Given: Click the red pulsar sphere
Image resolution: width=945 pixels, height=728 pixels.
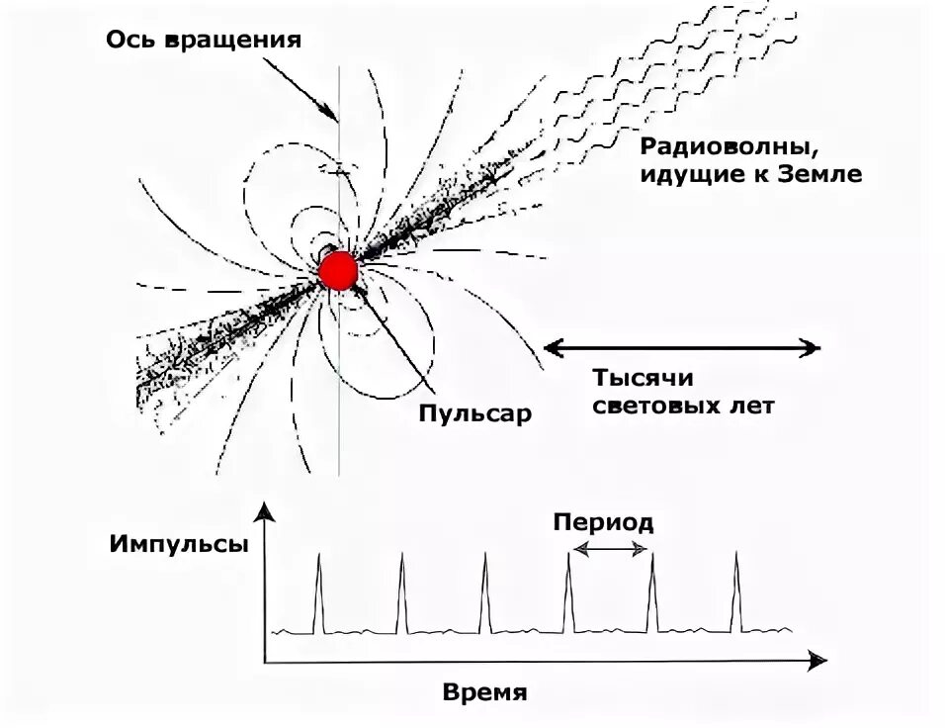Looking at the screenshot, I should coord(338,269).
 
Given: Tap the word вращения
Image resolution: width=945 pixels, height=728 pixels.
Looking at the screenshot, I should coord(234,41).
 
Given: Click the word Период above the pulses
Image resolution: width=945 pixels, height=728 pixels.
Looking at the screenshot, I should coord(603,522).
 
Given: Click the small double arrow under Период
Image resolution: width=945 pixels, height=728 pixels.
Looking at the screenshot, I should coord(611,548).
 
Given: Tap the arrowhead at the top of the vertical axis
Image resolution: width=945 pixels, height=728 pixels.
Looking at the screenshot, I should coord(263,509).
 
